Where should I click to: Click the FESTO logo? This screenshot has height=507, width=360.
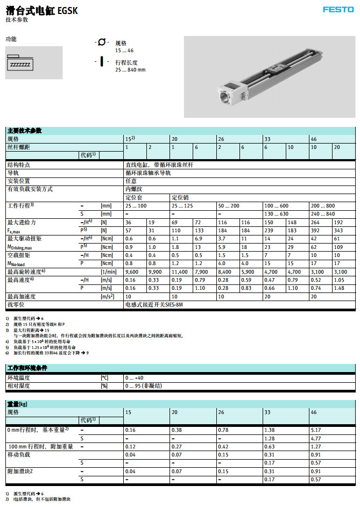pyautogui.click(x=338, y=9)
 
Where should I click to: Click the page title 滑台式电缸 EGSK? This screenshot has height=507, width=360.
pyautogui.click(x=41, y=10)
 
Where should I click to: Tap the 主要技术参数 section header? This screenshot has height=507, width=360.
pyautogui.click(x=24, y=131)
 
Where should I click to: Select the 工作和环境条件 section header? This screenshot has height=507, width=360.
pyautogui.click(x=27, y=368)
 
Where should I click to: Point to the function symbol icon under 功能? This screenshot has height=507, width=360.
pyautogui.click(x=33, y=62)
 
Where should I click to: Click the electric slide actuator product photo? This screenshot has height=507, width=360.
pyautogui.click(x=269, y=76)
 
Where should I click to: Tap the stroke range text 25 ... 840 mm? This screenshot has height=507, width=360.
pyautogui.click(x=130, y=70)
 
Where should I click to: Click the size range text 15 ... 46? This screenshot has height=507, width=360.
pyautogui.click(x=124, y=50)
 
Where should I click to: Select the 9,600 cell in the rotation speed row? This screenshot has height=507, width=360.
pyautogui.click(x=132, y=272)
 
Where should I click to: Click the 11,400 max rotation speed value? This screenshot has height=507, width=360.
pyautogui.click(x=179, y=272)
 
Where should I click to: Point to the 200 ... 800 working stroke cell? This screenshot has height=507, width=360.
pyautogui.click(x=323, y=206)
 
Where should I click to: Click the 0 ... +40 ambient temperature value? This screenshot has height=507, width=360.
pyautogui.click(x=135, y=378)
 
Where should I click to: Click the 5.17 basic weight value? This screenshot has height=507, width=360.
pyautogui.click(x=316, y=430)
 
